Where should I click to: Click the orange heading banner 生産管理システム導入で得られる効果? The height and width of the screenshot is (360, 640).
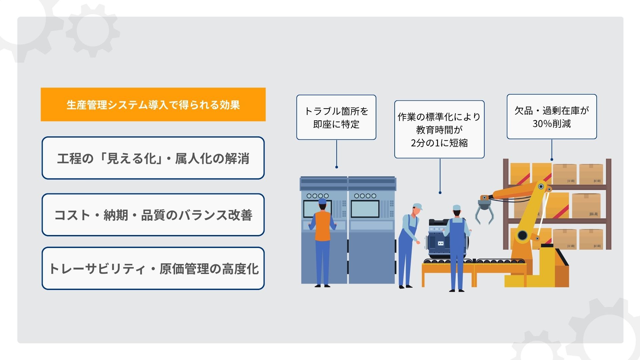[153, 104]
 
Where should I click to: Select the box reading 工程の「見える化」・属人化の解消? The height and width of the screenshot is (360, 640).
[153, 158]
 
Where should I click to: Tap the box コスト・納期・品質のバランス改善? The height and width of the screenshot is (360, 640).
[153, 215]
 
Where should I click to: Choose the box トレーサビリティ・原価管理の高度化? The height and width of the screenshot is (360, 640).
[153, 268]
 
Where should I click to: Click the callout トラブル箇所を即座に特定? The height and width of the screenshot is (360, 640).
[336, 117]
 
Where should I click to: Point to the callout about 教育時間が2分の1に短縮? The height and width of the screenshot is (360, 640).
[439, 129]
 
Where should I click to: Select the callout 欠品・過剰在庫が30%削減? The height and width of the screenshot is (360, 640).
[552, 117]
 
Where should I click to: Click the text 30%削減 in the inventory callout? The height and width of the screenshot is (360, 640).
[552, 124]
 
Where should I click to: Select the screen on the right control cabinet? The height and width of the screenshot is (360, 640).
[365, 209]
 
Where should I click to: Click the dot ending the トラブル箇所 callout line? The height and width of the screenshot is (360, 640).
[337, 167]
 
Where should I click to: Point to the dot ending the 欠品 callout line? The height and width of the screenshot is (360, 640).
[552, 160]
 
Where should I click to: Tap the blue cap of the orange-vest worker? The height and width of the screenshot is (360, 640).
[322, 201]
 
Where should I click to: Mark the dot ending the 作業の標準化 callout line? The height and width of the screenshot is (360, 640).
[440, 193]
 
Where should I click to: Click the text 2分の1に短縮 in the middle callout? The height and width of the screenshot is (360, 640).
[439, 143]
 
